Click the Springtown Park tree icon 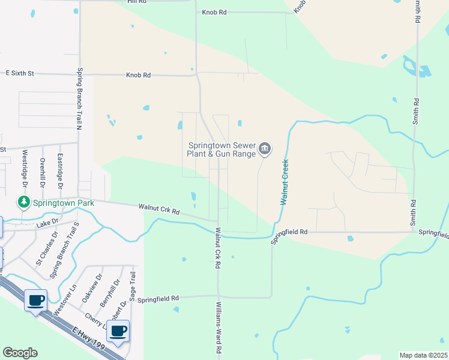[24, 203]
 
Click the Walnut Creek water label [285, 182]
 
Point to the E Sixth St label [20, 73]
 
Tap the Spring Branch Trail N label [79, 98]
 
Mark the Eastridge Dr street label [60, 169]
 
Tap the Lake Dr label [47, 224]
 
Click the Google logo [20, 353]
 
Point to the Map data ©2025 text [423, 355]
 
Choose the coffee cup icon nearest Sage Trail [118, 330]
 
